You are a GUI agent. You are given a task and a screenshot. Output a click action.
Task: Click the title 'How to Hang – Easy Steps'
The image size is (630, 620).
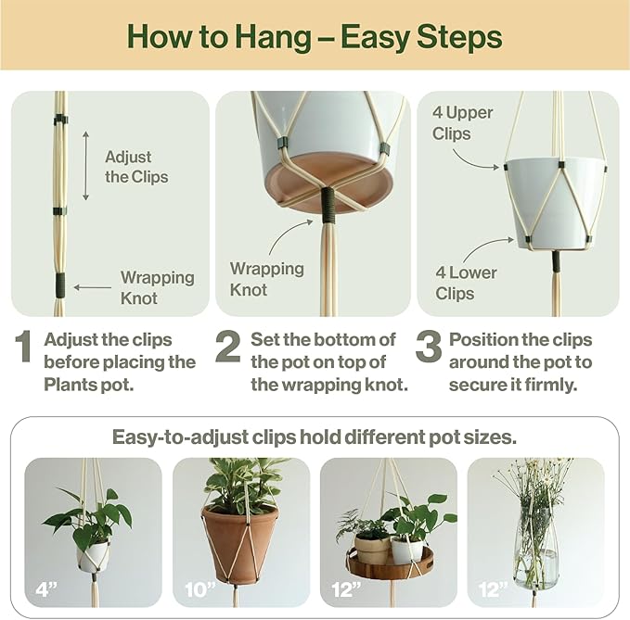(315, 37)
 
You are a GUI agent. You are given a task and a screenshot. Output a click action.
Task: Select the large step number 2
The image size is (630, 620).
(228, 348)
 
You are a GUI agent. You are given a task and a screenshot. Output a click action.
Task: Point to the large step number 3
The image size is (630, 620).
(428, 348)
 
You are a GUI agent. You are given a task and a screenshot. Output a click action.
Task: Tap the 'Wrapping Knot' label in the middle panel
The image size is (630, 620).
(266, 279)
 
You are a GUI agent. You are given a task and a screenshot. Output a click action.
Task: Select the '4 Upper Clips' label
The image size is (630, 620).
(463, 123)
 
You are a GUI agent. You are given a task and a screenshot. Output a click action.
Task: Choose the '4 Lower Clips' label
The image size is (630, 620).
(466, 283)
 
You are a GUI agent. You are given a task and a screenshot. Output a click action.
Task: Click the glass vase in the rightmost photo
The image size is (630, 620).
(535, 547)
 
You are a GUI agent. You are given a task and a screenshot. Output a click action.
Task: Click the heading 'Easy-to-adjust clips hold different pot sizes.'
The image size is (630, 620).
(315, 437)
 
